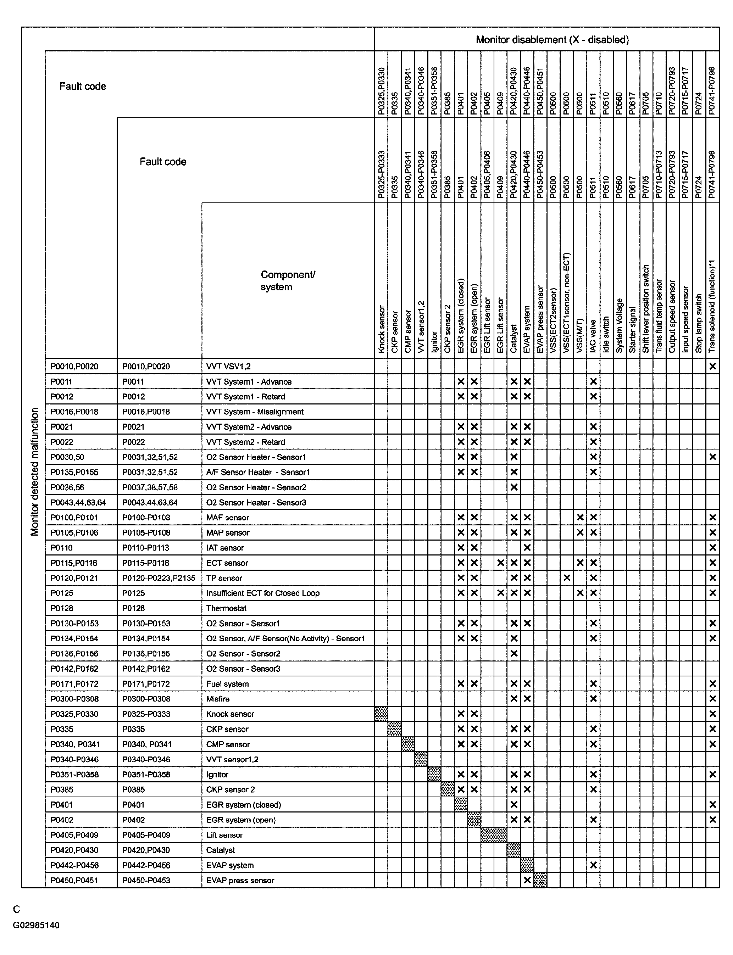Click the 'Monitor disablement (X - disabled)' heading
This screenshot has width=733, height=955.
(x=552, y=40)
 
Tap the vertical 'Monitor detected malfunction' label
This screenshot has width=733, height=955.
(x=35, y=472)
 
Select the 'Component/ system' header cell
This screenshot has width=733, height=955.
(x=288, y=281)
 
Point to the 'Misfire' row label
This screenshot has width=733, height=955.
(x=218, y=699)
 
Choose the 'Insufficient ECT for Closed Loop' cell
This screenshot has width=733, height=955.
(x=263, y=593)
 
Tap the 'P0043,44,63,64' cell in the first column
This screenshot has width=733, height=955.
(x=78, y=502)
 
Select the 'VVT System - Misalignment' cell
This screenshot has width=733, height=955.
(x=255, y=412)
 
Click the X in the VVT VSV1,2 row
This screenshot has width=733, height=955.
(x=712, y=366)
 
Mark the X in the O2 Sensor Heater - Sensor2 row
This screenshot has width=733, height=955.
(x=514, y=487)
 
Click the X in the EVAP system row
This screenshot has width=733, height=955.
(x=593, y=865)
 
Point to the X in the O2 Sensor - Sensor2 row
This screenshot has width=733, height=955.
(x=514, y=654)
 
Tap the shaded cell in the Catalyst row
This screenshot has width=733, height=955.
(x=513, y=850)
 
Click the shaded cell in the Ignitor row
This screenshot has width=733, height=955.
(x=434, y=775)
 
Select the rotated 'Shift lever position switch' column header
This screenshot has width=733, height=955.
(x=646, y=309)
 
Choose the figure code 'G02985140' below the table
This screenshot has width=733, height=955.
(x=36, y=925)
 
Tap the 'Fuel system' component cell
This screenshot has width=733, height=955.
(x=227, y=684)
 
